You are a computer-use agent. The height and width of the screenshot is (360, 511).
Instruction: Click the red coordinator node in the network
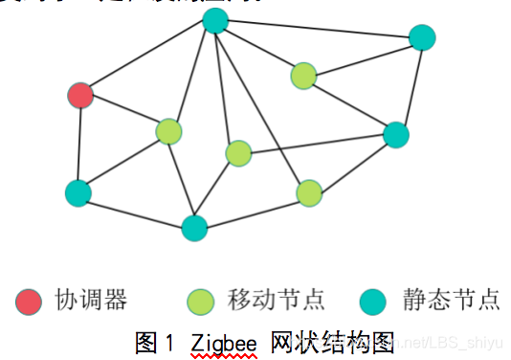[80, 95]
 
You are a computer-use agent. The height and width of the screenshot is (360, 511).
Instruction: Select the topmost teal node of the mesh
[216, 20]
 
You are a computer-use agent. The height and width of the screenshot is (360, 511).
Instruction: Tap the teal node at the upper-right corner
[422, 37]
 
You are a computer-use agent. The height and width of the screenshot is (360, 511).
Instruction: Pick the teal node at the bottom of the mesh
[194, 228]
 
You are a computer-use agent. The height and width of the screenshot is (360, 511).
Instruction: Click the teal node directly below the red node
[78, 192]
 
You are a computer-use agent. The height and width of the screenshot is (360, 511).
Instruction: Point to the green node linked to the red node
[168, 131]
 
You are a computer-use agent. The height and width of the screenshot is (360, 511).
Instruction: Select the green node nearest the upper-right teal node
[303, 76]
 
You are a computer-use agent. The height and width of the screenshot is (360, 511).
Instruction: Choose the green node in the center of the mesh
[238, 153]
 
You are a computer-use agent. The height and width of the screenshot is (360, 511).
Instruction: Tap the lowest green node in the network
[309, 193]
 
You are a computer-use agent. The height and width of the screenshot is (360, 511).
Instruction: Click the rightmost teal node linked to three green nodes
[396, 134]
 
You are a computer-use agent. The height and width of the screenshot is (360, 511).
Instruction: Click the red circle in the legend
[30, 302]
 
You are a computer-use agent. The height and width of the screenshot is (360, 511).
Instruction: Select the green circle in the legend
[201, 302]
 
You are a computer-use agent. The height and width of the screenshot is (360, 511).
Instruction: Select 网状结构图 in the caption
[332, 341]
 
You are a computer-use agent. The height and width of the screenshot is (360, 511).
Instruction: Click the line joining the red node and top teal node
[148, 57]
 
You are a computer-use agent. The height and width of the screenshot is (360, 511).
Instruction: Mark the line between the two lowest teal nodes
[136, 211]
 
